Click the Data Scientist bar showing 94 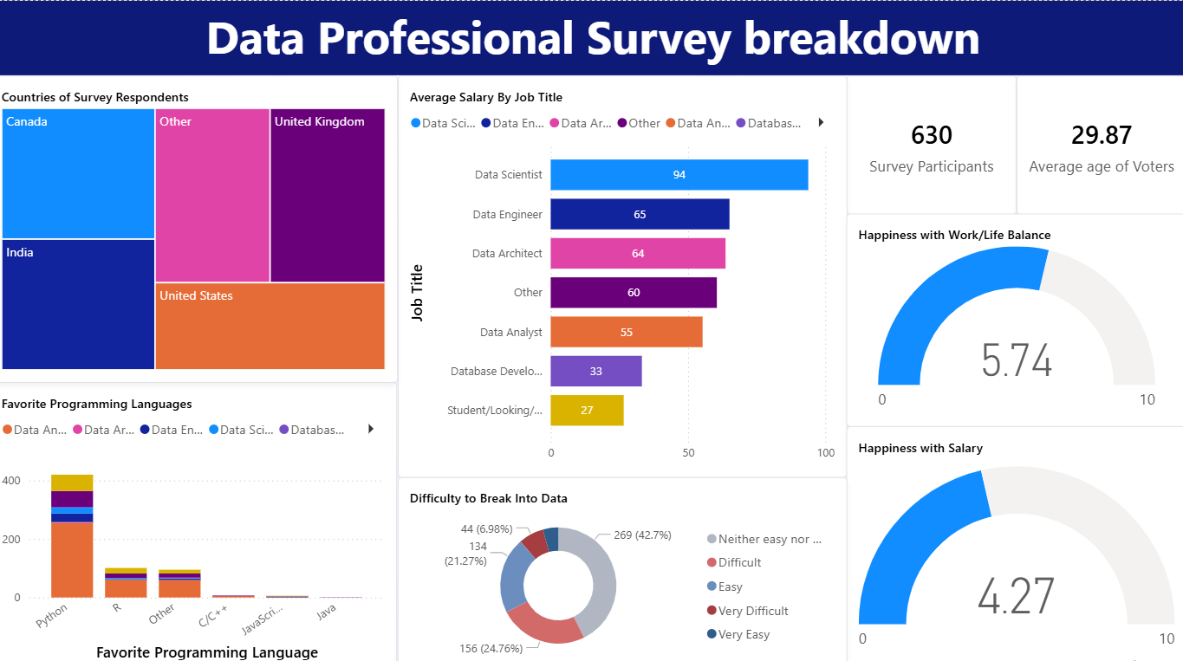click(679, 175)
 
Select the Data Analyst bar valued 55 click(626, 332)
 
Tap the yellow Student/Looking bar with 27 click(587, 410)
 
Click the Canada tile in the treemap click(78, 173)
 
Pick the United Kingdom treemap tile click(327, 195)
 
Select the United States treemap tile click(270, 327)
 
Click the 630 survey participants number click(932, 135)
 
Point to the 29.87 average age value click(1101, 135)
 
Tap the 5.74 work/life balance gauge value click(1017, 360)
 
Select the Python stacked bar click(72, 537)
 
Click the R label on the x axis click(117, 608)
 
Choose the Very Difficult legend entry click(753, 611)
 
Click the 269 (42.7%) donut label click(641, 535)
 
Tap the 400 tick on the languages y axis click(11, 481)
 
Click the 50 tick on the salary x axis click(688, 452)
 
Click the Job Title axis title click(418, 293)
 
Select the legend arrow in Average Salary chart click(821, 123)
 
